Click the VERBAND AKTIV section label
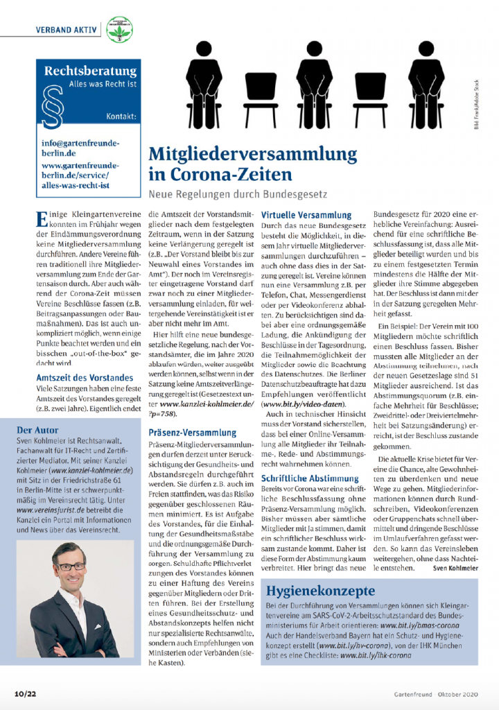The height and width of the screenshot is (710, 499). click(67, 29)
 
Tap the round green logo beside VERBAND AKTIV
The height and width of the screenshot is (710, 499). click(119, 30)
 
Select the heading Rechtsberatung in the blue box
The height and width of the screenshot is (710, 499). click(90, 71)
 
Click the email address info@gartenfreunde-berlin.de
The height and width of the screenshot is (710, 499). click(80, 147)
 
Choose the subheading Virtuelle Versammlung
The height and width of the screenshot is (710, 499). click(306, 216)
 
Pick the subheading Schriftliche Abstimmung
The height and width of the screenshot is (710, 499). click(310, 478)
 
